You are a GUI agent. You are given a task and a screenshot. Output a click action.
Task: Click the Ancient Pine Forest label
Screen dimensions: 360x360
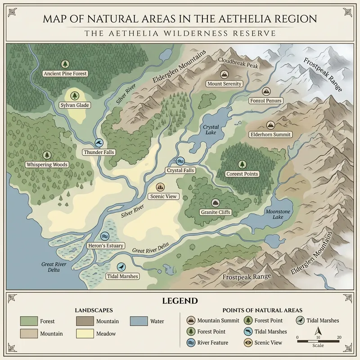65,73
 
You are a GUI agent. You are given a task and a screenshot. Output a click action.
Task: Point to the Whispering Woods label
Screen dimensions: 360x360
47,165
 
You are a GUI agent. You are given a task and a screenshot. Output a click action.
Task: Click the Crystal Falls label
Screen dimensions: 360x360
180,171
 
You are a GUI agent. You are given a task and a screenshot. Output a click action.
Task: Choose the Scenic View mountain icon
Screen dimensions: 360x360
160,187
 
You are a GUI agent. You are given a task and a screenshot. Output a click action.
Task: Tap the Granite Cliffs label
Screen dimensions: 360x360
215,212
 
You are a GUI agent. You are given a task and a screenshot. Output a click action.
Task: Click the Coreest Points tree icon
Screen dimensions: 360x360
242,164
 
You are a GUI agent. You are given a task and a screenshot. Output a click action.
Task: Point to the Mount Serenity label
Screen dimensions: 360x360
224,84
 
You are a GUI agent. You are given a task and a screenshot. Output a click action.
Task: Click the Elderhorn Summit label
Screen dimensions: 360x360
270,135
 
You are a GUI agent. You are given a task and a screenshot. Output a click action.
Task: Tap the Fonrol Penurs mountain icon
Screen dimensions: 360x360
266,91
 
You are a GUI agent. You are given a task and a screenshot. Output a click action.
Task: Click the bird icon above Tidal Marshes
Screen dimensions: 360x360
121,267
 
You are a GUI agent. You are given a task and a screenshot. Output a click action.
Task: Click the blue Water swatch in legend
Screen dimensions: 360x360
137,321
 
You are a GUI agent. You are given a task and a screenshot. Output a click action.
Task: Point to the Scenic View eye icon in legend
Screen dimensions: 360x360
247,342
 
